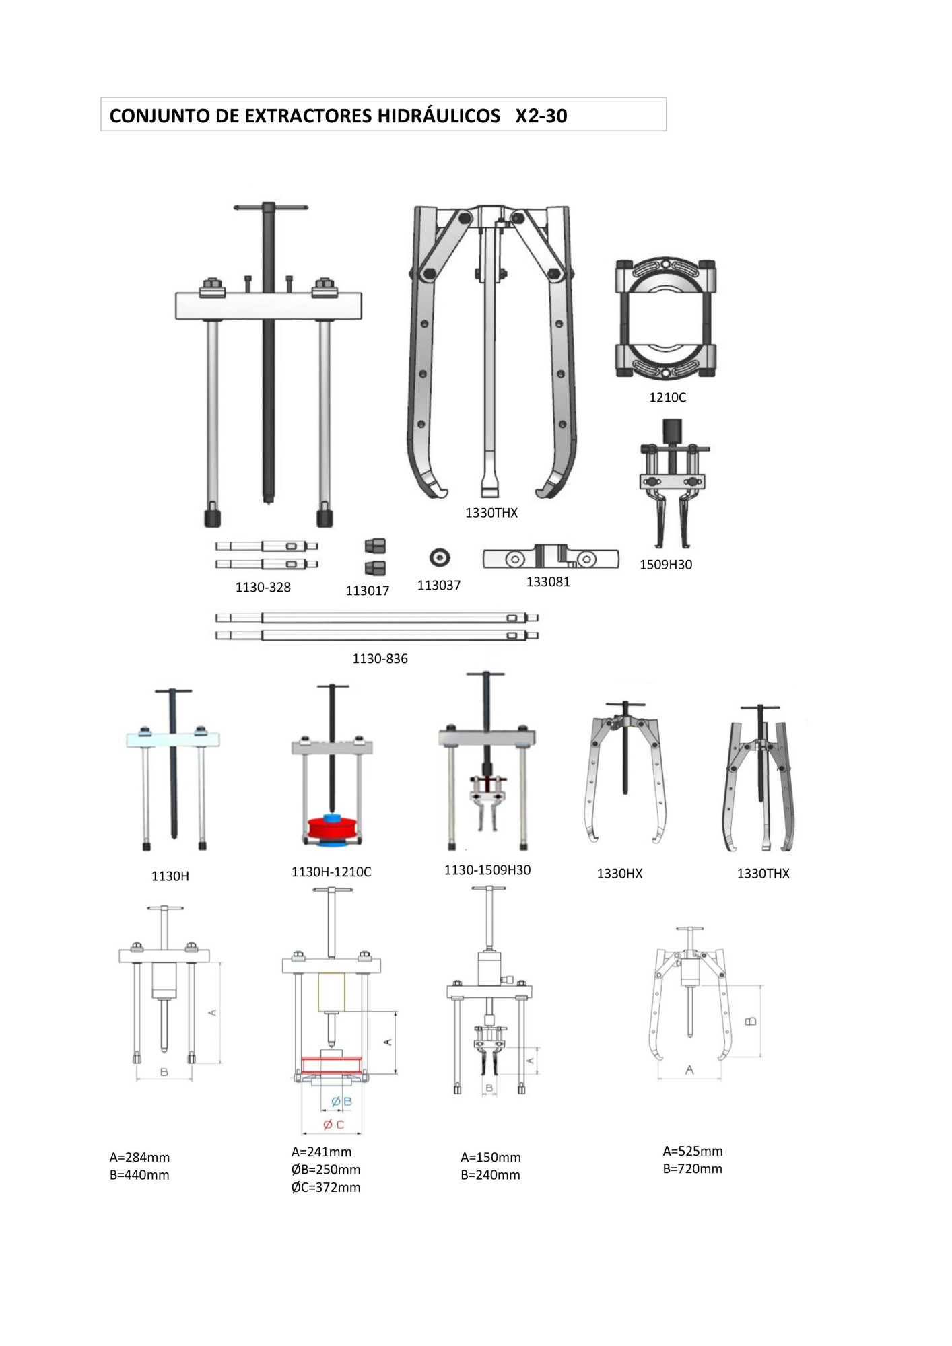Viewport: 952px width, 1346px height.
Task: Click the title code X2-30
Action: click(x=541, y=116)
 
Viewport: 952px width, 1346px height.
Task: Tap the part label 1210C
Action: click(x=667, y=397)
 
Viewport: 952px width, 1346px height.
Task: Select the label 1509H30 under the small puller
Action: click(x=666, y=564)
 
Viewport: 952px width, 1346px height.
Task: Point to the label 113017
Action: click(x=368, y=590)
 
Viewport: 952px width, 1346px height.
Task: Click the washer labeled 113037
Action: click(x=440, y=557)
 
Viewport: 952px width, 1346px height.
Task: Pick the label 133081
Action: click(x=548, y=581)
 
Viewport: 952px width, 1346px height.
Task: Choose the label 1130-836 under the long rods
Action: click(x=380, y=658)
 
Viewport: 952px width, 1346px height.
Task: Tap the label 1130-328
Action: click(x=263, y=587)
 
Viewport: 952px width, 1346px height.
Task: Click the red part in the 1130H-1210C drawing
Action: click(x=331, y=828)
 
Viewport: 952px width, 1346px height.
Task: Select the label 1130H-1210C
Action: click(x=331, y=872)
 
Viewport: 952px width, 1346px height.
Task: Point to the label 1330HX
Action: click(x=619, y=873)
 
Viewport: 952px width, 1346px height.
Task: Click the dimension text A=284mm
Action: click(x=139, y=1157)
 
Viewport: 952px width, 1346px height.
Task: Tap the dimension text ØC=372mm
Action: click(x=326, y=1187)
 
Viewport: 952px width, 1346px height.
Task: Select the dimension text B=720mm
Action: click(x=692, y=1168)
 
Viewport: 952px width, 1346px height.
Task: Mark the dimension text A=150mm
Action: click(x=490, y=1157)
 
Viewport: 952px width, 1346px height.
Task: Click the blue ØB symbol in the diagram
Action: click(x=341, y=1102)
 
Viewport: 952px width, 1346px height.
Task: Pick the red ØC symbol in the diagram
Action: click(x=333, y=1125)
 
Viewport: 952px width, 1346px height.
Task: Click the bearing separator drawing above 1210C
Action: click(x=665, y=318)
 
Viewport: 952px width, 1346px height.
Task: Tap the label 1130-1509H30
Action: click(x=487, y=870)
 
